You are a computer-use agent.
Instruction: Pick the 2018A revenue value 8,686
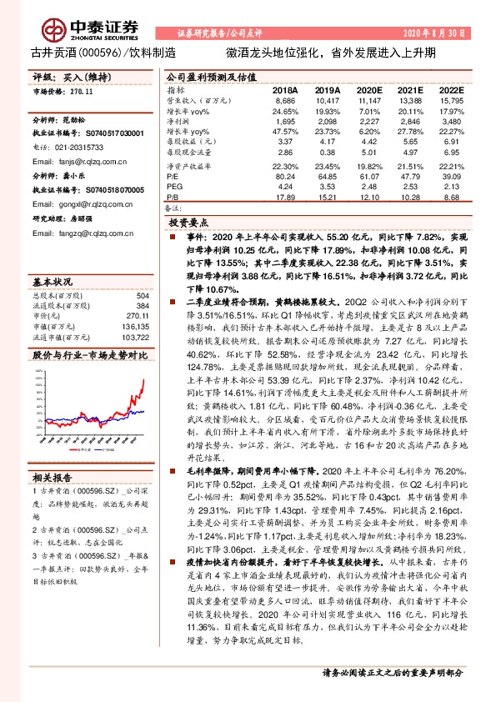click(x=285, y=98)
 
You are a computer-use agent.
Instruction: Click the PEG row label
click(x=175, y=186)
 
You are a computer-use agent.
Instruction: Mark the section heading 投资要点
click(x=188, y=224)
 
